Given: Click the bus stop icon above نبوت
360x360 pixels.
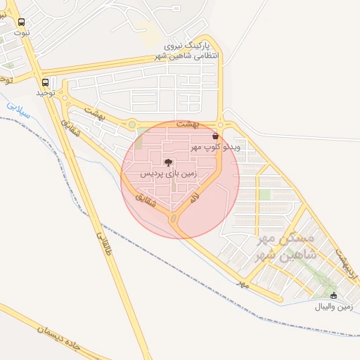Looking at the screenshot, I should click(x=22, y=22).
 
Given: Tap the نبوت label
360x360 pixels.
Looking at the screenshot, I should click(x=22, y=33).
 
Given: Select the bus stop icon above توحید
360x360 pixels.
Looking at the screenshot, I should click(x=46, y=82).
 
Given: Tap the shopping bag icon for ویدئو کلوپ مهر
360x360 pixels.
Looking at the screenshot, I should click(x=214, y=136).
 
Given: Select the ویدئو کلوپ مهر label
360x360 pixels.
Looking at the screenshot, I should click(x=215, y=148).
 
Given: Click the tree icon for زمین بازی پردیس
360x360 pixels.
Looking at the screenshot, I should click(x=168, y=162).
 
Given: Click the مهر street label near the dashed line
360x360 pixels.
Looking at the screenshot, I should click(x=243, y=283).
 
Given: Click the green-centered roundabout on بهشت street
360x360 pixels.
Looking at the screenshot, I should click(x=131, y=124).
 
